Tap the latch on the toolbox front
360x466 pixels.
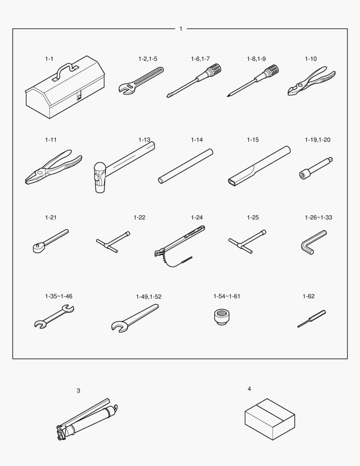79,97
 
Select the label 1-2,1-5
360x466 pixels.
147,59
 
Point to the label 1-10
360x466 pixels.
311,59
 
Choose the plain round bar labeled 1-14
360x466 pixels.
186,166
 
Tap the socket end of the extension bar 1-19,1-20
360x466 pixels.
304,174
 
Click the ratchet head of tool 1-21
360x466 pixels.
38,248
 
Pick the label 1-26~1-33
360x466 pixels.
319,217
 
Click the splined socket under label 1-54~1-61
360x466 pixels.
222,317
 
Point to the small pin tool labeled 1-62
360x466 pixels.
312,318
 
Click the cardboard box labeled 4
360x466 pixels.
270,419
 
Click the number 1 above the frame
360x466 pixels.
181,29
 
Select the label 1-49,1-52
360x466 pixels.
148,296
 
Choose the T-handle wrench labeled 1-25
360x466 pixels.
247,241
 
